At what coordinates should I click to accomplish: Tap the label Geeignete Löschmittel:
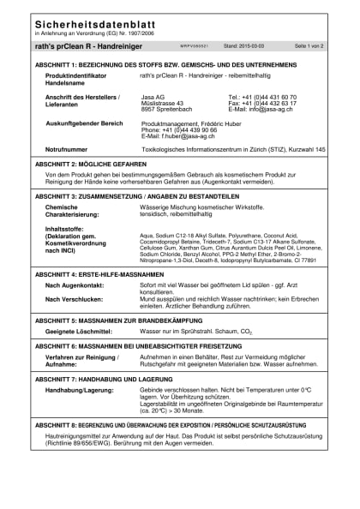80,329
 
